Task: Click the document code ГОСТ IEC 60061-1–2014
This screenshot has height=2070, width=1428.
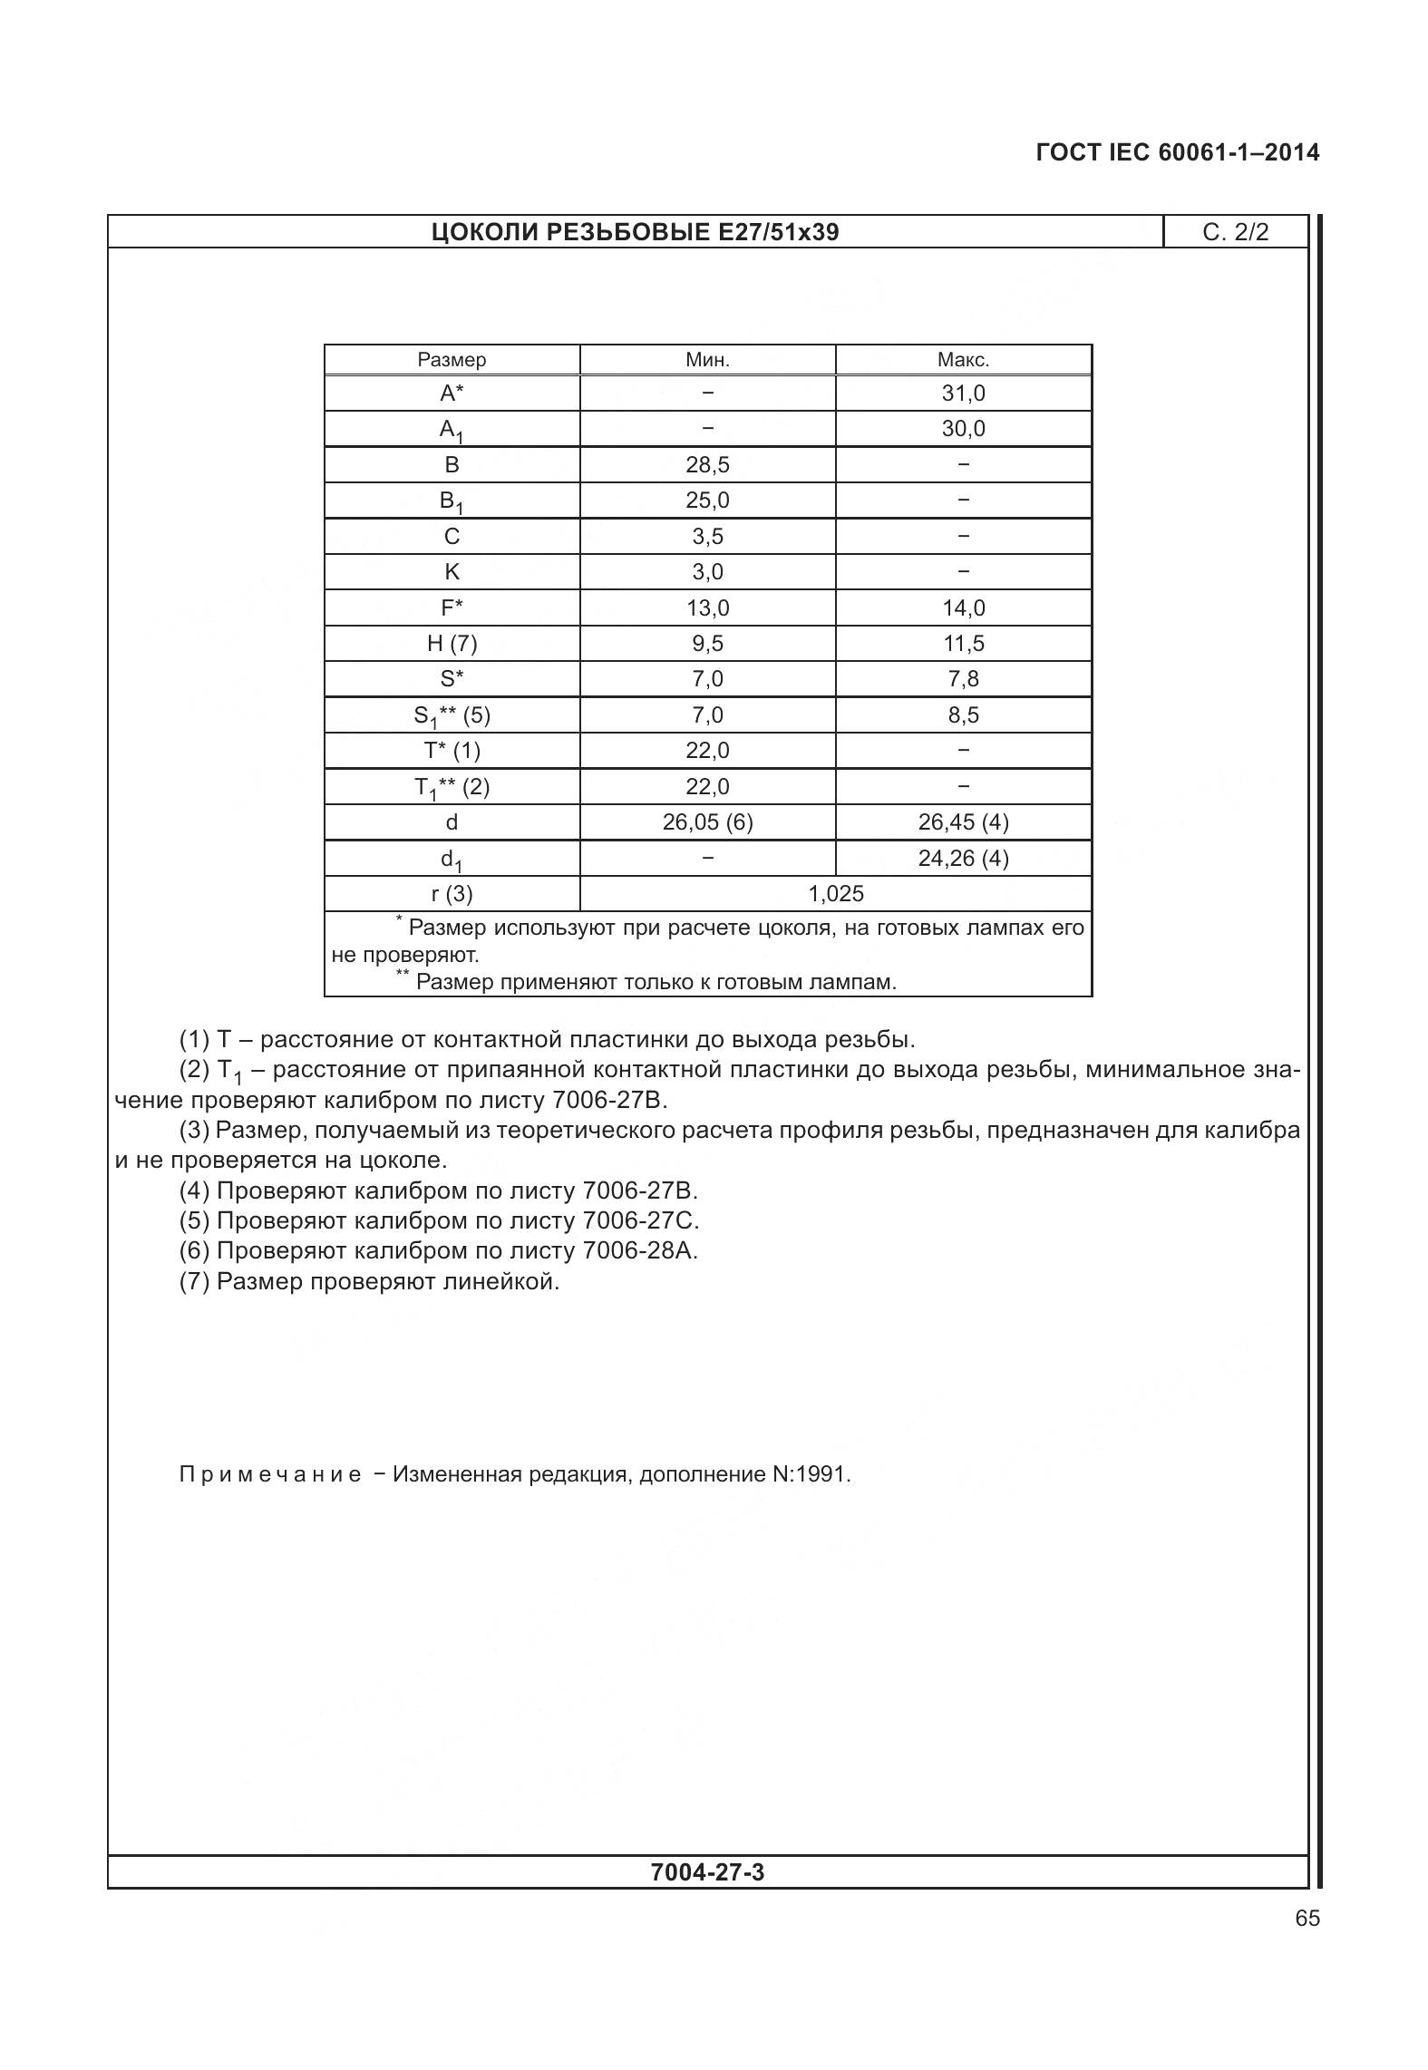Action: tap(1177, 152)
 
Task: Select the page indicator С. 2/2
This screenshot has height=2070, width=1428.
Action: tap(1235, 233)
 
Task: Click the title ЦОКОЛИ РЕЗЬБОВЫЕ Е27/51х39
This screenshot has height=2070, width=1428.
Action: tap(635, 233)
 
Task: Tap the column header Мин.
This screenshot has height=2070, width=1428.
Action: tap(707, 360)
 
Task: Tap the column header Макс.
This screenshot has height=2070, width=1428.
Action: tap(963, 360)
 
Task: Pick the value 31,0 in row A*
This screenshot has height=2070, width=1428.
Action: tap(963, 394)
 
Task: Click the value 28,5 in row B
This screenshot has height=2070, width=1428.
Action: tap(707, 465)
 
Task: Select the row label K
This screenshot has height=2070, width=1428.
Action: tap(452, 572)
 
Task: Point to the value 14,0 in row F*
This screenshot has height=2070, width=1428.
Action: tap(963, 608)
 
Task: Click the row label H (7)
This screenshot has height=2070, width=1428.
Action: tap(452, 644)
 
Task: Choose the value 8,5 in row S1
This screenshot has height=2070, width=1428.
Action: tap(963, 715)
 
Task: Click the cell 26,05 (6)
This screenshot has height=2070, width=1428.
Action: tap(707, 822)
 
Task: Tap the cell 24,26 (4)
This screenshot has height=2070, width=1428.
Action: tap(963, 859)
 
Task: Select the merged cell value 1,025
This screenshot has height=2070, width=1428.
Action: tap(836, 894)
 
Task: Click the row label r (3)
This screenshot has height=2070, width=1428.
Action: tap(452, 894)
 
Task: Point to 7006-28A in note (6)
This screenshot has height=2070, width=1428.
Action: tap(640, 1251)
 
